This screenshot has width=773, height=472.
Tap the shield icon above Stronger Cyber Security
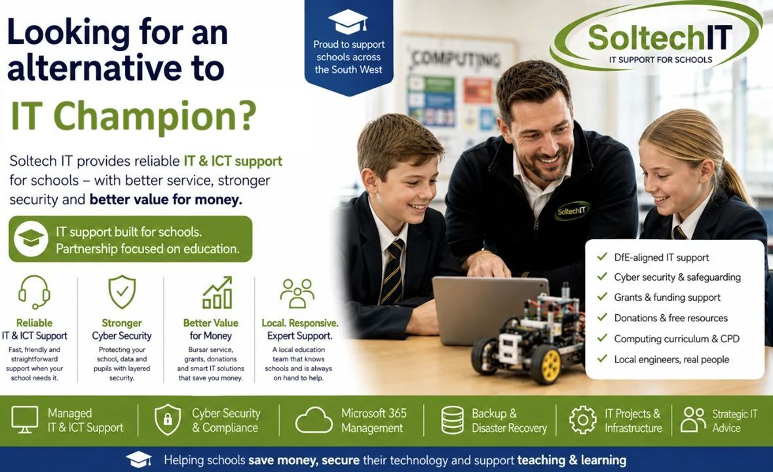(122, 292)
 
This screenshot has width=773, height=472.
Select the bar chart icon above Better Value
(217, 292)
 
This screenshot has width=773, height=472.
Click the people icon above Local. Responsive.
(297, 294)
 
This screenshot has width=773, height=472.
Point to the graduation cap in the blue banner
(348, 21)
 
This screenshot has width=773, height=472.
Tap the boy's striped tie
(392, 272)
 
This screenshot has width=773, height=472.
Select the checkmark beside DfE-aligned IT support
(602, 256)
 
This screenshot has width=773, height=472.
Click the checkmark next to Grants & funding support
(602, 296)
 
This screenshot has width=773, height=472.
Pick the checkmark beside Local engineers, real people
(602, 359)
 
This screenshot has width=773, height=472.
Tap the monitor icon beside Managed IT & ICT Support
(25, 420)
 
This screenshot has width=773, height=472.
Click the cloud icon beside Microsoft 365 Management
(314, 420)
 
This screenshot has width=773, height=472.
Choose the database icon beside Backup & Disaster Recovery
(452, 420)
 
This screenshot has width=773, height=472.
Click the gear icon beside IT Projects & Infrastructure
(583, 420)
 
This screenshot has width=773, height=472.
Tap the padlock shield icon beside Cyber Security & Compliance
(168, 419)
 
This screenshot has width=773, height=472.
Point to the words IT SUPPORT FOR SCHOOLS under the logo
(660, 60)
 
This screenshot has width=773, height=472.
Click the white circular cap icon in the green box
(31, 239)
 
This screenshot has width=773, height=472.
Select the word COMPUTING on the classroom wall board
(456, 59)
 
